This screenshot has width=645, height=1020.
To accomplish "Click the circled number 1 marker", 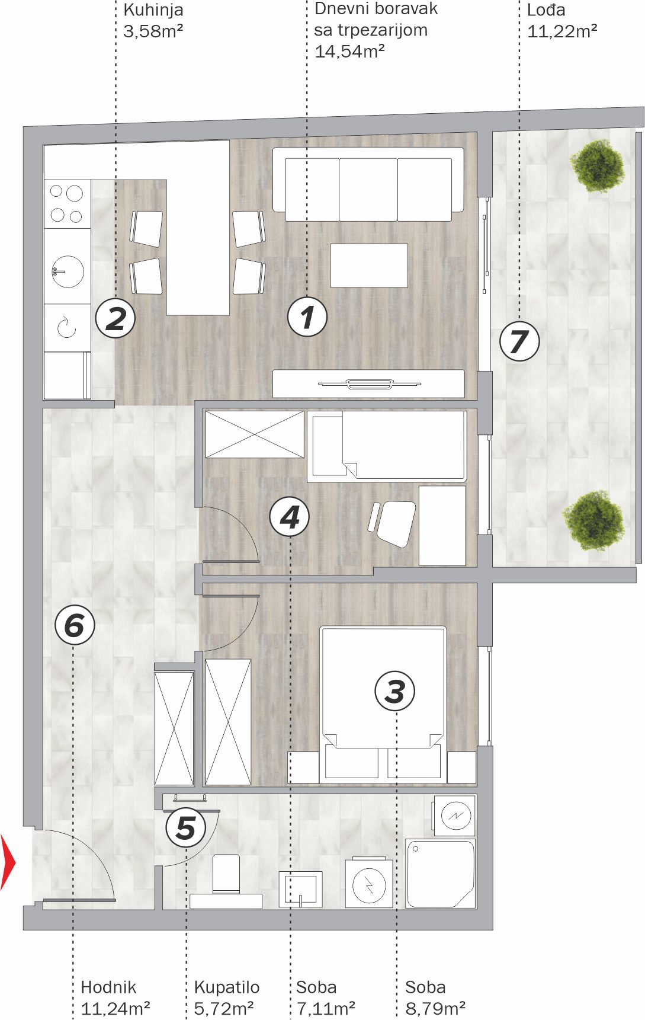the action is point(307,317).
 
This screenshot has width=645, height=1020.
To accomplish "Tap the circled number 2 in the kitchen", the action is point(115,318).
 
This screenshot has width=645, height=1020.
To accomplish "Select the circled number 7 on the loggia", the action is point(519,341).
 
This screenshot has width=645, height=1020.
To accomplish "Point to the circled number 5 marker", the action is point(186,827).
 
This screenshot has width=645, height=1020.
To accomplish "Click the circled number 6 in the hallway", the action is point(75,625).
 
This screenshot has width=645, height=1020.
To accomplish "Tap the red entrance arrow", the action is point(8,862).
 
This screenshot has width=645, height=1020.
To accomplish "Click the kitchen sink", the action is point(67,271).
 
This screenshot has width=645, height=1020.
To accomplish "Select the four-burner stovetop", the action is point(67,204).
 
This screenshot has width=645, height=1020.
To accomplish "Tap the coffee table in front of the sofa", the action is point(369,266).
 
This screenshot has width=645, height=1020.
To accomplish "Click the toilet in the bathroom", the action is point(225,882).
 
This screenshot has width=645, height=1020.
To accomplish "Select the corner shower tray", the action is point(441,874).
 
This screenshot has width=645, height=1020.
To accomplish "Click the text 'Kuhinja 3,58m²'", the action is point(153,20).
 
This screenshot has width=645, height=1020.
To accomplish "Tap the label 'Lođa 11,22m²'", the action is point(562,20).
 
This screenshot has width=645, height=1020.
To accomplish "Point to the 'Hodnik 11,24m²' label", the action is point(115,997).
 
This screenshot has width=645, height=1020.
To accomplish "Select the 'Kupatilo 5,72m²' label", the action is point(227,997).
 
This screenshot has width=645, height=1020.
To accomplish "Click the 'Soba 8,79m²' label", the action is point(435,997).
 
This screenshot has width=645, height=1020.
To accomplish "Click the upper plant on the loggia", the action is point(596,165).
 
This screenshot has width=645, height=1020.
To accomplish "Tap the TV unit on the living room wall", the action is point(368,383).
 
